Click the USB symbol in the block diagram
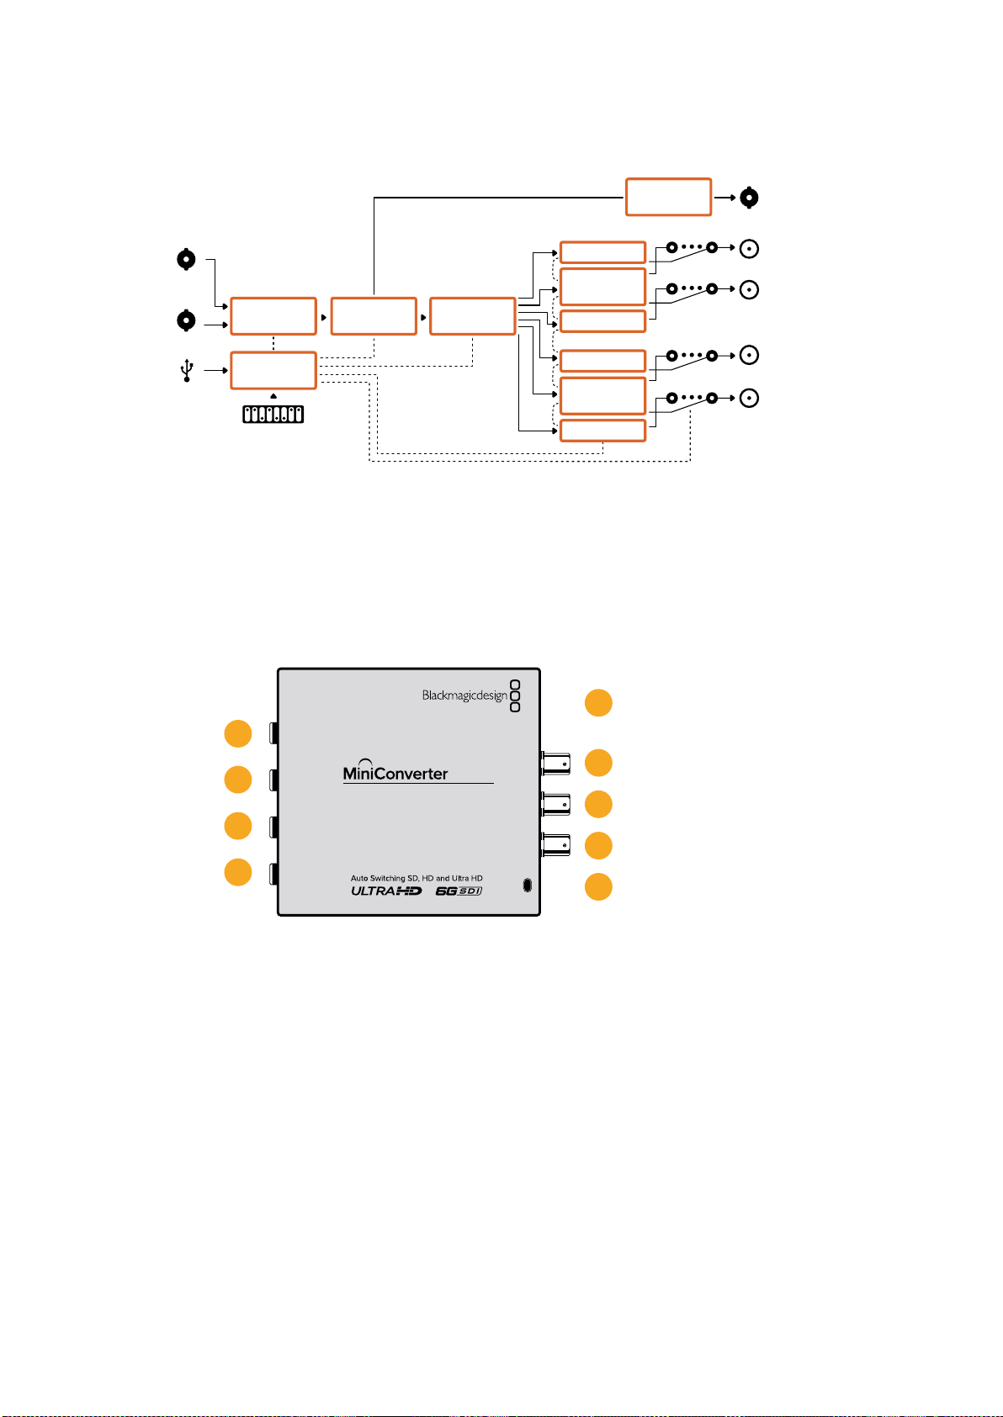(187, 371)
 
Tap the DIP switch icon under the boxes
(273, 415)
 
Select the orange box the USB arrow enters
(273, 371)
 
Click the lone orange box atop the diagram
(668, 198)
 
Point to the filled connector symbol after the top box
(749, 198)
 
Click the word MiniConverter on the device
(395, 773)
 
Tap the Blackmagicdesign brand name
(464, 695)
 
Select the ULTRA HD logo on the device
(387, 891)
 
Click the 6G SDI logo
(459, 891)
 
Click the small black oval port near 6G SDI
(527, 885)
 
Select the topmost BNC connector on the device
(555, 764)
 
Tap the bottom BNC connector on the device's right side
(555, 845)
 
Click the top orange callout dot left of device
(238, 734)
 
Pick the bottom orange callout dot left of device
(238, 872)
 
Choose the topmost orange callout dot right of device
(598, 703)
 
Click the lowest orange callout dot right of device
(598, 886)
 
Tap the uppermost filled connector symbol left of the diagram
(186, 259)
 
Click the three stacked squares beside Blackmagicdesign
(515, 695)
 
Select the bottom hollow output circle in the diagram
(749, 398)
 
